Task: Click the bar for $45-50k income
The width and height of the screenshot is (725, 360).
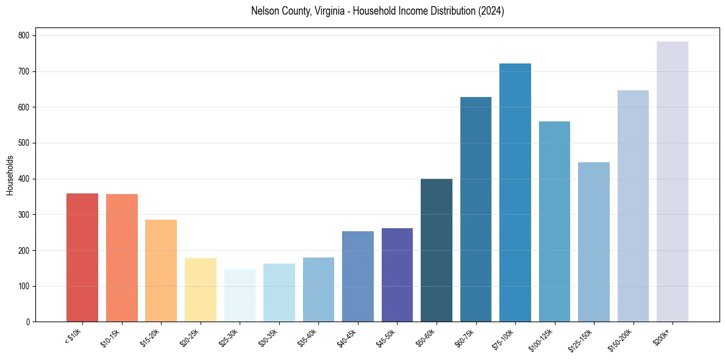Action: (397, 275)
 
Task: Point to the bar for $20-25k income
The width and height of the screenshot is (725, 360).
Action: (200, 290)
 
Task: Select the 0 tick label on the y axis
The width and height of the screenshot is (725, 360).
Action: (28, 322)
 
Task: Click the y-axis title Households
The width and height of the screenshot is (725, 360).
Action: (10, 175)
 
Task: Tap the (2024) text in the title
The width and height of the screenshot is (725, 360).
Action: (492, 11)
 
